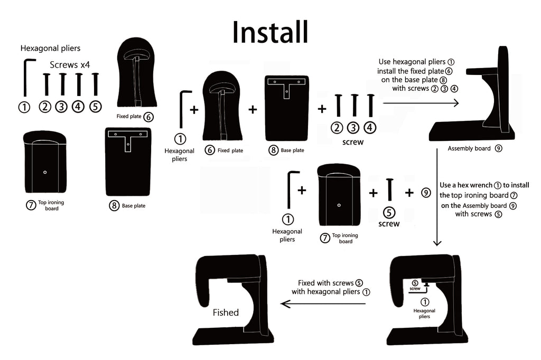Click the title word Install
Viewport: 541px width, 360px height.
(270, 32)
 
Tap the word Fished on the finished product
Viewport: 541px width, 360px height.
(226, 312)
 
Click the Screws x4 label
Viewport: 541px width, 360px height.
(70, 65)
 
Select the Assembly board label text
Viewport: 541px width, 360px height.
(469, 149)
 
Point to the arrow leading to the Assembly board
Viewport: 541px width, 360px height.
(421, 103)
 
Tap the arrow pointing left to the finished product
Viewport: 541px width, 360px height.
(323, 304)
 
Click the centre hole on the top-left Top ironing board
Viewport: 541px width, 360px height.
(45, 172)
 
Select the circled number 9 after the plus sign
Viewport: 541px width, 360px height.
(426, 193)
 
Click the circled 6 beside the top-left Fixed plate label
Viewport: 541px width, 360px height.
(148, 117)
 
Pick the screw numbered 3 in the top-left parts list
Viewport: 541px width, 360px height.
(62, 84)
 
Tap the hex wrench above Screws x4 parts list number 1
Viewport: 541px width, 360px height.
(27, 78)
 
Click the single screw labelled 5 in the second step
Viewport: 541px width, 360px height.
(389, 190)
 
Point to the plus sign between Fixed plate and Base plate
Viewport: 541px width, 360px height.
(253, 109)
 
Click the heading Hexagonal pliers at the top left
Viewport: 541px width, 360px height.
(50, 48)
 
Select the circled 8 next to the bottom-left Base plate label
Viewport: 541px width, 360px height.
(114, 206)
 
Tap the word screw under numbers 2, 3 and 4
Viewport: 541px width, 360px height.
(352, 142)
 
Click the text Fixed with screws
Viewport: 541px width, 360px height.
(325, 283)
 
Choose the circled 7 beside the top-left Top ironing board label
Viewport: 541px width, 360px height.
(31, 205)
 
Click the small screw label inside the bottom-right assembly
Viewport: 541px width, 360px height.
(415, 289)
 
